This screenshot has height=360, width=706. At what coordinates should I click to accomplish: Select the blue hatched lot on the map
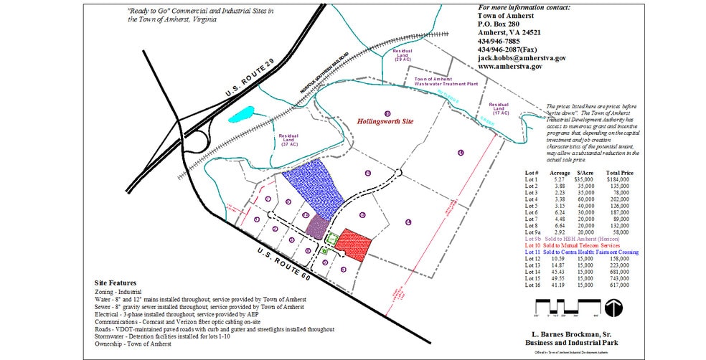[313, 190]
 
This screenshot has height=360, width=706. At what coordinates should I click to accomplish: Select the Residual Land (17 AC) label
[499, 108]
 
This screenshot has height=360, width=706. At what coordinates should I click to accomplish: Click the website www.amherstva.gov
[509, 67]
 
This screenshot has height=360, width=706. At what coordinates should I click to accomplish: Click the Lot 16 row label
[532, 285]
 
